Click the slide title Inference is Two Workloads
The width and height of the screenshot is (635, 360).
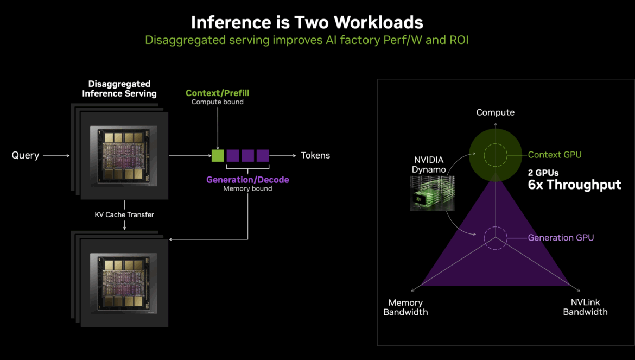click(307, 22)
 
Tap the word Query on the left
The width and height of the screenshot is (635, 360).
click(26, 156)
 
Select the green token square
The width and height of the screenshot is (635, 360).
click(218, 156)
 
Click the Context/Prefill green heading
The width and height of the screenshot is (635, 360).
click(217, 93)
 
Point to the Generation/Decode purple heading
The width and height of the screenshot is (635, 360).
click(247, 180)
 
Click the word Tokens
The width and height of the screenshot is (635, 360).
click(315, 156)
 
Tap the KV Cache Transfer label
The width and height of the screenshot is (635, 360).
click(124, 215)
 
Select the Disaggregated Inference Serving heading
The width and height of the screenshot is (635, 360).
click(119, 89)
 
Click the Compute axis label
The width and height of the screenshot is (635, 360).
click(495, 112)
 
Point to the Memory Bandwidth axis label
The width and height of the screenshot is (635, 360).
click(405, 307)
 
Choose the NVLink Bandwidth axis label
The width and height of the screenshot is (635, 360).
click(585, 307)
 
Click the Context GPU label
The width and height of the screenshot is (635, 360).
click(555, 155)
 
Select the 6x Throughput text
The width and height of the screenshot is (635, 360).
click(574, 185)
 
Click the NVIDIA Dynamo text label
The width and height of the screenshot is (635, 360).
click(429, 165)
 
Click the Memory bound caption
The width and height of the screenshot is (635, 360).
click(247, 189)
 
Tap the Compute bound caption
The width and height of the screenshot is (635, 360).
click(217, 102)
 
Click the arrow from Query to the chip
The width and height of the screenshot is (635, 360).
click(56, 156)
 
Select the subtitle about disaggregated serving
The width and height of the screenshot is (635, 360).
click(307, 40)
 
